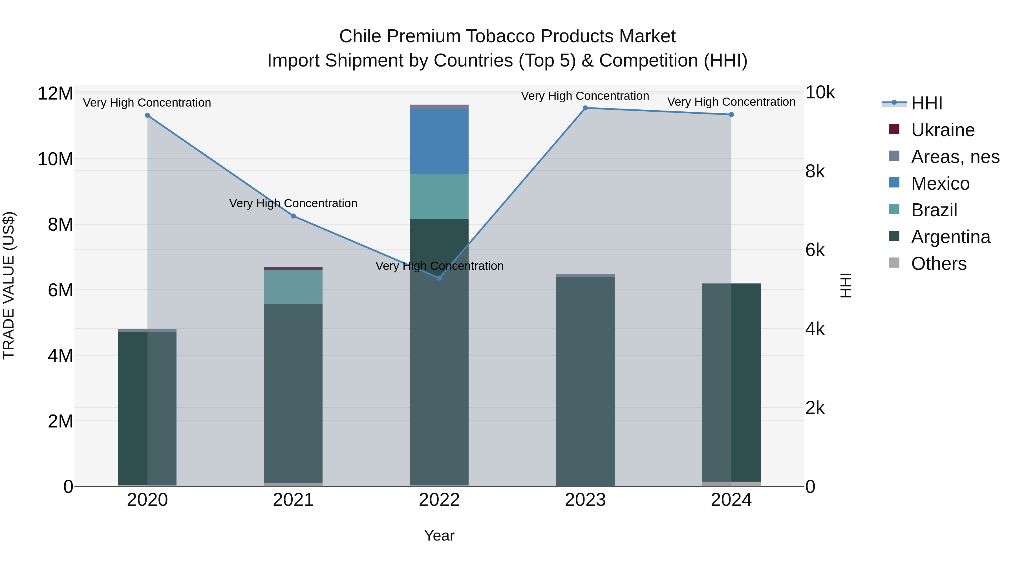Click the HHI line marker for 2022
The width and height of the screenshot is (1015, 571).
click(439, 278)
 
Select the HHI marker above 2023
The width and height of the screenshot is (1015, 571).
click(585, 108)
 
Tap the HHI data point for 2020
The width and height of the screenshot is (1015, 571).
click(147, 115)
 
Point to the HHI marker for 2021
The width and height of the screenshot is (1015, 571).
click(293, 216)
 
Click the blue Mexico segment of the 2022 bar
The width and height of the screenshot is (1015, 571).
click(439, 141)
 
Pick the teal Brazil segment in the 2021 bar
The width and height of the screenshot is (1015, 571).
click(293, 286)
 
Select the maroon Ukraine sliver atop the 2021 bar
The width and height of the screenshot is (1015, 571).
click(293, 268)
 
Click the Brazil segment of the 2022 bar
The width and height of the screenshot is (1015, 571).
click(439, 196)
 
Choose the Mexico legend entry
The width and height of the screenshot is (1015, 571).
click(940, 184)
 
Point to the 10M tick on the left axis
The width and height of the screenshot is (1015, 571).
click(55, 159)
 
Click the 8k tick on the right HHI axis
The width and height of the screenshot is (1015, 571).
click(815, 171)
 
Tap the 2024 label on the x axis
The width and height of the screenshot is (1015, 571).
click(731, 500)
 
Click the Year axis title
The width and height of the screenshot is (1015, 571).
click(439, 535)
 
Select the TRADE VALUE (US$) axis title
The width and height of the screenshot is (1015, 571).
click(9, 285)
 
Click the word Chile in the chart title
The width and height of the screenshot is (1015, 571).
click(361, 36)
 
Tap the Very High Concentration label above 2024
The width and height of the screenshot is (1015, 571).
click(731, 102)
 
